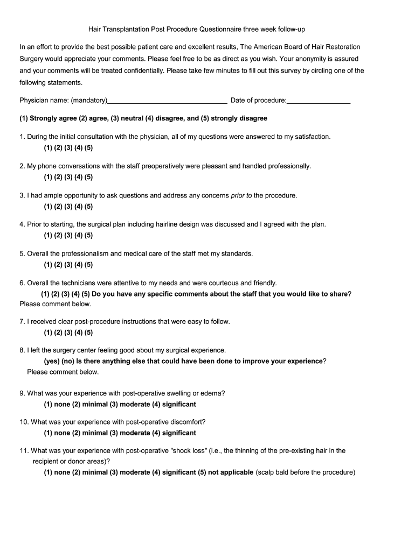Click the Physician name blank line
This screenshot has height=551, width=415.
point(167,101)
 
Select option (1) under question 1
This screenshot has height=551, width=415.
point(49,147)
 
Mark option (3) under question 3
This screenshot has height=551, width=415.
point(68,206)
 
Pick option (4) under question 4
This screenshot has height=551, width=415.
point(79,235)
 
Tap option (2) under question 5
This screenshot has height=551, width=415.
point(59,264)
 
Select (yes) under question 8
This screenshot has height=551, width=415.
point(52,361)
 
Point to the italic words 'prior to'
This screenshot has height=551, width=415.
point(241,195)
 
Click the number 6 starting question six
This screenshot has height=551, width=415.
point(22,282)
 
